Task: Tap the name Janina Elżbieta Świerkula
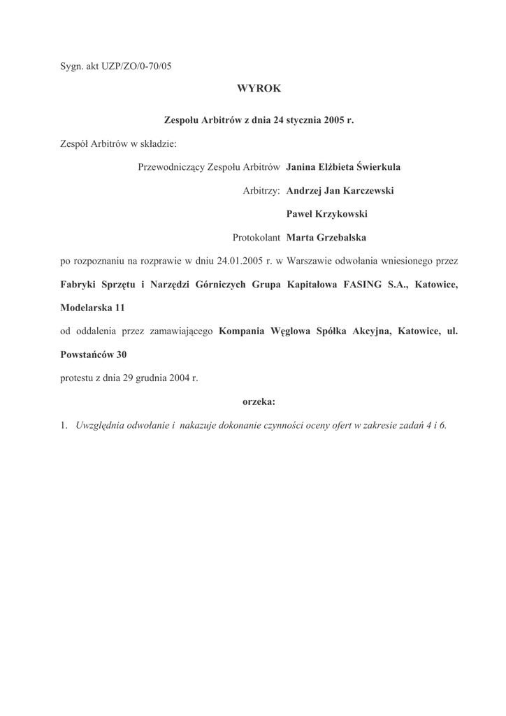pos(343,167)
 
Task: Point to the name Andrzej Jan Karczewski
pos(340,190)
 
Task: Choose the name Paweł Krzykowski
pos(326,214)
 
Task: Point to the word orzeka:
pos(259,401)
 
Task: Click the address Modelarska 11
pos(92,308)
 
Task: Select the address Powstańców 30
pos(94,355)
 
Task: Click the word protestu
pos(78,378)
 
